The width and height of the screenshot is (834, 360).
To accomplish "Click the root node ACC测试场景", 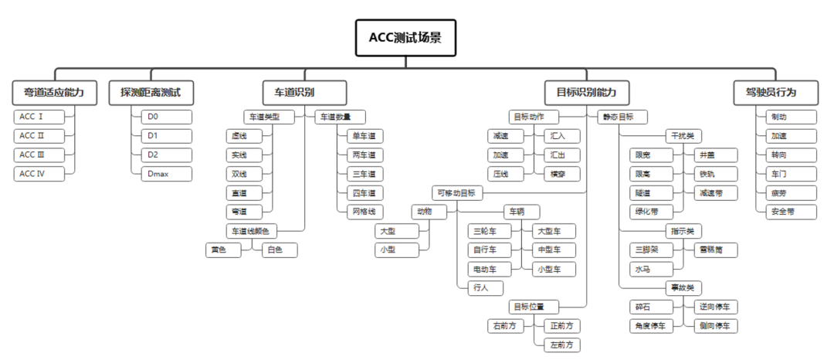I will tap(405, 38).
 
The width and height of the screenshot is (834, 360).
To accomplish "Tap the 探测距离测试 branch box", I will tap(151, 93).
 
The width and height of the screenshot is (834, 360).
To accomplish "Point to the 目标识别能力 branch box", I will tap(587, 93).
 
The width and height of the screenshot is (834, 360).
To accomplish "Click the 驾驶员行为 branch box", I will tap(765, 93).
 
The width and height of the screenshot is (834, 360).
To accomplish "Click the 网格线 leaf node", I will tap(362, 211).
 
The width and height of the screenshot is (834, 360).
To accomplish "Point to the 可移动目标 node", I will tap(456, 192).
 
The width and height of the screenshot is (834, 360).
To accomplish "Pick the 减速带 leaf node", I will tap(710, 192).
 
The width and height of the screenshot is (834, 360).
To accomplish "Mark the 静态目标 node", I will tap(620, 117).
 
